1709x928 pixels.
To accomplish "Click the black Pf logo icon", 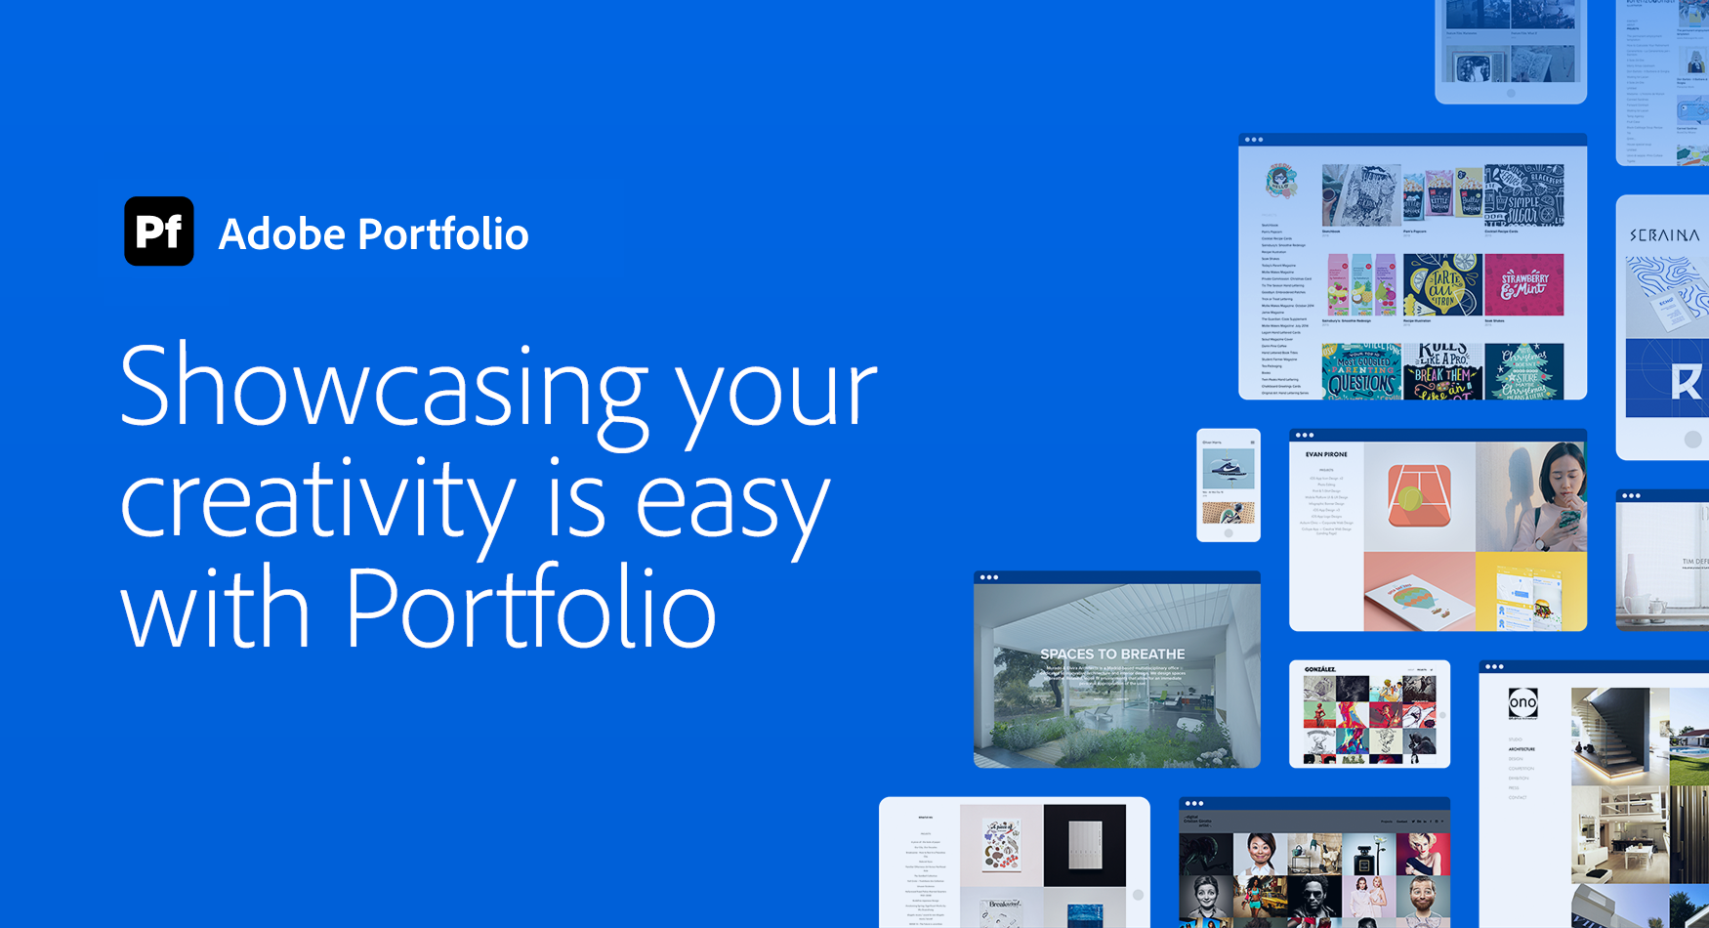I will point(158,232).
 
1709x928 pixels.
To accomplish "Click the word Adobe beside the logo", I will point(281,234).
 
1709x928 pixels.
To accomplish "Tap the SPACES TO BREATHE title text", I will point(1112,654).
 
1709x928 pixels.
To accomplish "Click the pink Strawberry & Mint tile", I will point(1523,285).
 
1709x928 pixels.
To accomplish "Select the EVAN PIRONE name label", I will point(1326,454).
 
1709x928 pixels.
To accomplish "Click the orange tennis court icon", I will point(1418,496).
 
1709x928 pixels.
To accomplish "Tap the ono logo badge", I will point(1522,702).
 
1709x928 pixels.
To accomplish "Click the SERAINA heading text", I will point(1664,235).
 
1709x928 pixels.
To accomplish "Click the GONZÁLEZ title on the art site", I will point(1320,669).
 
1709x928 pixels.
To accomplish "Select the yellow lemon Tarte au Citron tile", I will point(1442,285).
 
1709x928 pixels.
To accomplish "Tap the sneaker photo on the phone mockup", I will point(1228,466).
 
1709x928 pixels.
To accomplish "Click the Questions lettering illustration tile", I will point(1361,372).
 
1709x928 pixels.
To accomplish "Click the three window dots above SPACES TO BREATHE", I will point(989,577).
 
